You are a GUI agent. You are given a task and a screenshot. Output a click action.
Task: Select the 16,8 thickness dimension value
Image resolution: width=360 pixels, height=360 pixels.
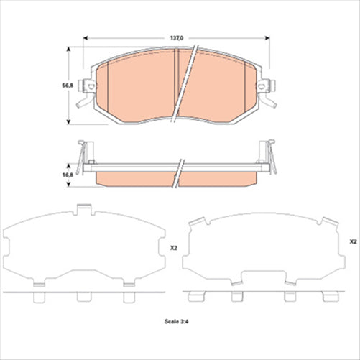(x=68, y=174)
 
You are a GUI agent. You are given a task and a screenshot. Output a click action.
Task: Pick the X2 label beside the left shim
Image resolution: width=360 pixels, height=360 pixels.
(x=172, y=248)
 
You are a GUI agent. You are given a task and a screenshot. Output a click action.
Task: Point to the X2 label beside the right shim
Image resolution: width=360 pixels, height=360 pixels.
(x=352, y=242)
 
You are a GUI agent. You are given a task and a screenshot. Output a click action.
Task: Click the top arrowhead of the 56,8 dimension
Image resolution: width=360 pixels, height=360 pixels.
(x=70, y=48)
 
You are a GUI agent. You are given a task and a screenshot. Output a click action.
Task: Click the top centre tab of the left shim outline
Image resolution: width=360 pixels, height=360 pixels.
(x=85, y=210)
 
